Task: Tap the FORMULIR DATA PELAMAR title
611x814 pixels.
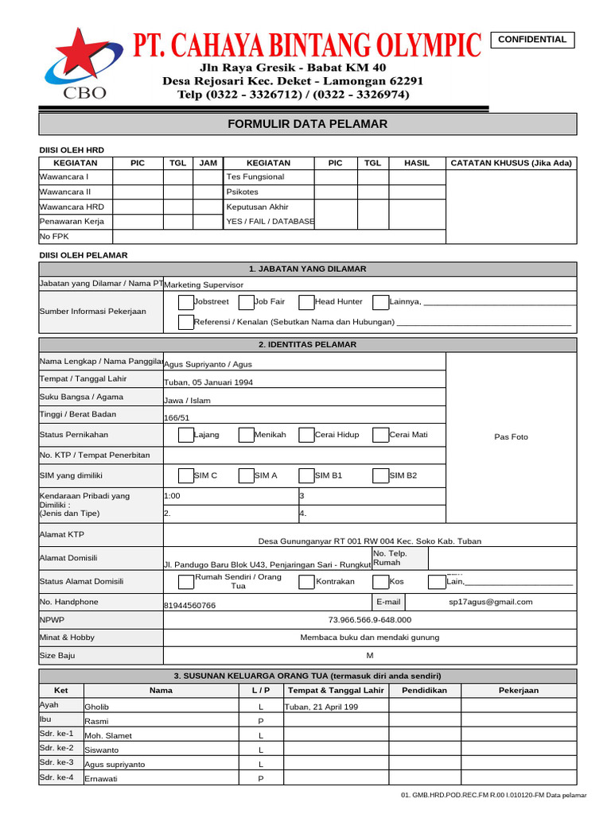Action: (307, 124)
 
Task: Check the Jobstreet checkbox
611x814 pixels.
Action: (185, 302)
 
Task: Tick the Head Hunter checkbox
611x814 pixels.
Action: (306, 302)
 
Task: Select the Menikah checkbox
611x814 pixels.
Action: (246, 435)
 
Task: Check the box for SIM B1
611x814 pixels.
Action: (306, 476)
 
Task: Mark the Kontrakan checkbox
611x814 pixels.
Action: (306, 582)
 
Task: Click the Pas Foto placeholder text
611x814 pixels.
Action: (511, 437)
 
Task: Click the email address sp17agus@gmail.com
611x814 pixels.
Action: (491, 603)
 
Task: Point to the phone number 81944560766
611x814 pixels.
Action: (189, 606)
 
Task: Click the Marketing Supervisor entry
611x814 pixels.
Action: (204, 285)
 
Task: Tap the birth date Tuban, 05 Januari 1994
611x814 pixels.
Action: (208, 382)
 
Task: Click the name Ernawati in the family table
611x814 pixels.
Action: (101, 779)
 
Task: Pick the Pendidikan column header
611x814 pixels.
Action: (424, 691)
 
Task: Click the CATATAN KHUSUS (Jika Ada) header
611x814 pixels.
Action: (512, 163)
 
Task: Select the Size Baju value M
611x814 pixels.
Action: (369, 656)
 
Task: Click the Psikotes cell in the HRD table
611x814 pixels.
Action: (242, 192)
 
